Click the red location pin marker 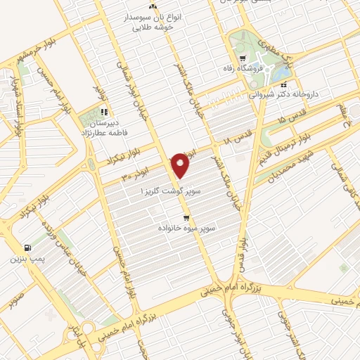click(x=182, y=165)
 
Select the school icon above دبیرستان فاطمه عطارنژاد click(x=103, y=111)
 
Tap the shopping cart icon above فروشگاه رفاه click(x=242, y=59)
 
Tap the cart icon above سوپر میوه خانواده click(x=186, y=218)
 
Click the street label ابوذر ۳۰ click(x=132, y=175)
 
